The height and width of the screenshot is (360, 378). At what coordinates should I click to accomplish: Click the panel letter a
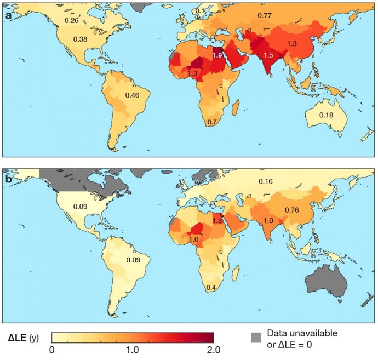(9, 15)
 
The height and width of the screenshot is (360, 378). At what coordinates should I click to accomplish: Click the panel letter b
(9, 179)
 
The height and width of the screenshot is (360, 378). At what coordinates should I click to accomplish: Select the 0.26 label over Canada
(72, 20)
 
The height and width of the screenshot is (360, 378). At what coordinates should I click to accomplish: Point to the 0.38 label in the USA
(81, 39)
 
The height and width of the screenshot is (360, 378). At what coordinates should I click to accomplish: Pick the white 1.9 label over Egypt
(217, 56)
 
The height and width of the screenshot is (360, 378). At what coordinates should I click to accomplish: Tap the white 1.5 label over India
(268, 56)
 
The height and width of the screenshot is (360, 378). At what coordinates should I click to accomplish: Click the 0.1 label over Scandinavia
(201, 12)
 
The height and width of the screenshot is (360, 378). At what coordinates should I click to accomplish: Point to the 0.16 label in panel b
(265, 181)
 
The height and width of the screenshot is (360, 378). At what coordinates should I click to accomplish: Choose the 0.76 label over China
(292, 209)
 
